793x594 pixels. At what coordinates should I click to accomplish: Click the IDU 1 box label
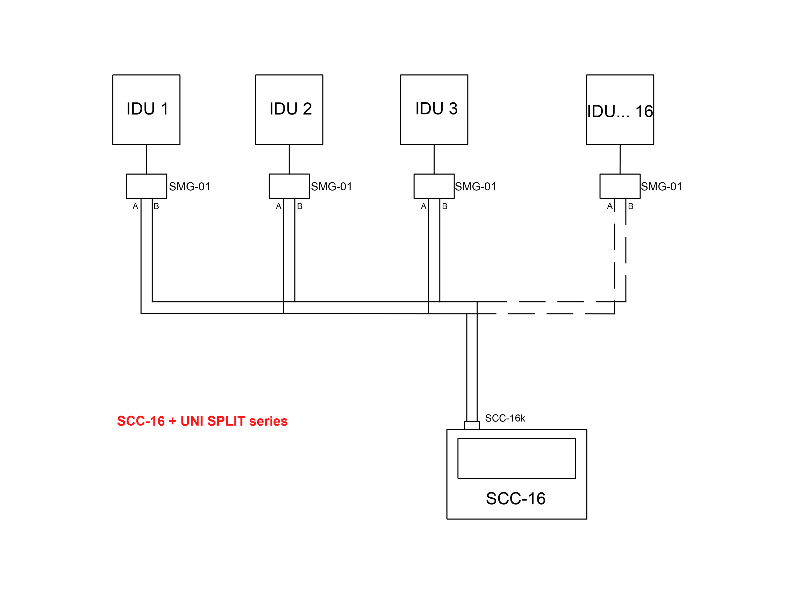click(x=147, y=109)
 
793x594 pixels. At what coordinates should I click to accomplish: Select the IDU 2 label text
click(x=291, y=109)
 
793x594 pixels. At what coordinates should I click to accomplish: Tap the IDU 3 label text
click(x=436, y=109)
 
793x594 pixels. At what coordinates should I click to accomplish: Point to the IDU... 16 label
click(x=620, y=111)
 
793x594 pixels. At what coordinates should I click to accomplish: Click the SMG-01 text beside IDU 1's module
click(x=190, y=186)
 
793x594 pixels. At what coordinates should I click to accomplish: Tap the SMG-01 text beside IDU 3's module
click(x=476, y=186)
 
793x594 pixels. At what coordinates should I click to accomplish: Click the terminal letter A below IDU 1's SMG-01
click(x=135, y=206)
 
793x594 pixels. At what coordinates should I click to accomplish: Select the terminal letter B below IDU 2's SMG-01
click(x=300, y=206)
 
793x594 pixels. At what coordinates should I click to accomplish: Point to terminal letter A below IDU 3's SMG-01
click(x=423, y=206)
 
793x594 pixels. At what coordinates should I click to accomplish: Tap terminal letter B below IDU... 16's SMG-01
click(x=631, y=206)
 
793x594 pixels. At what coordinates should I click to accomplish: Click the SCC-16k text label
click(x=505, y=418)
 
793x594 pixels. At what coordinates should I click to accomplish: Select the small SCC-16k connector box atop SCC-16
click(x=472, y=425)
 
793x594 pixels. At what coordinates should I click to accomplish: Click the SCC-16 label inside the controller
click(x=515, y=498)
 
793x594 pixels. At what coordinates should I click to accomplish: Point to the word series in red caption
click(x=268, y=421)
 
